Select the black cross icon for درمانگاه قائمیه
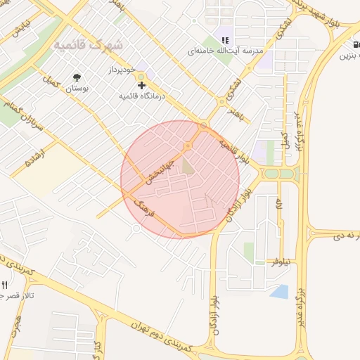click(142, 84)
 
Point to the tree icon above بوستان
click(76, 77)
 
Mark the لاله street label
click(280, 205)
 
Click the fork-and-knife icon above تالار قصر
click(5, 285)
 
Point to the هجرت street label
click(15, 323)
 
